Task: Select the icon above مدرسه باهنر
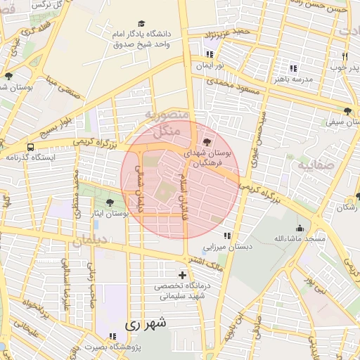coord(293,69)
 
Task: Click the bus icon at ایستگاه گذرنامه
coord(30,147)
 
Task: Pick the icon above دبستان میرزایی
coord(226,236)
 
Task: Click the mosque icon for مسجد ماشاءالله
coord(300,228)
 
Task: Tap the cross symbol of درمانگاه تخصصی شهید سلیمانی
coord(183,275)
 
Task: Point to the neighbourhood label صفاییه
coord(314,167)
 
